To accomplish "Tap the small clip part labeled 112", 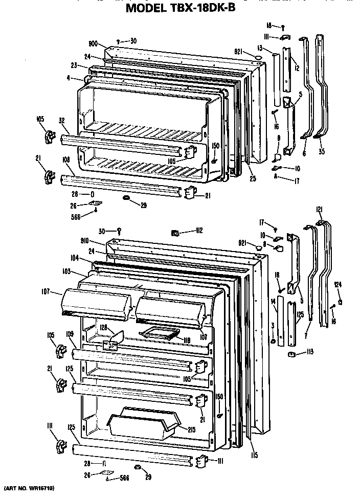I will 174,233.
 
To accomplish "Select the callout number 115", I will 254,456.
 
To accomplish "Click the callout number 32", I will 61,121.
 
